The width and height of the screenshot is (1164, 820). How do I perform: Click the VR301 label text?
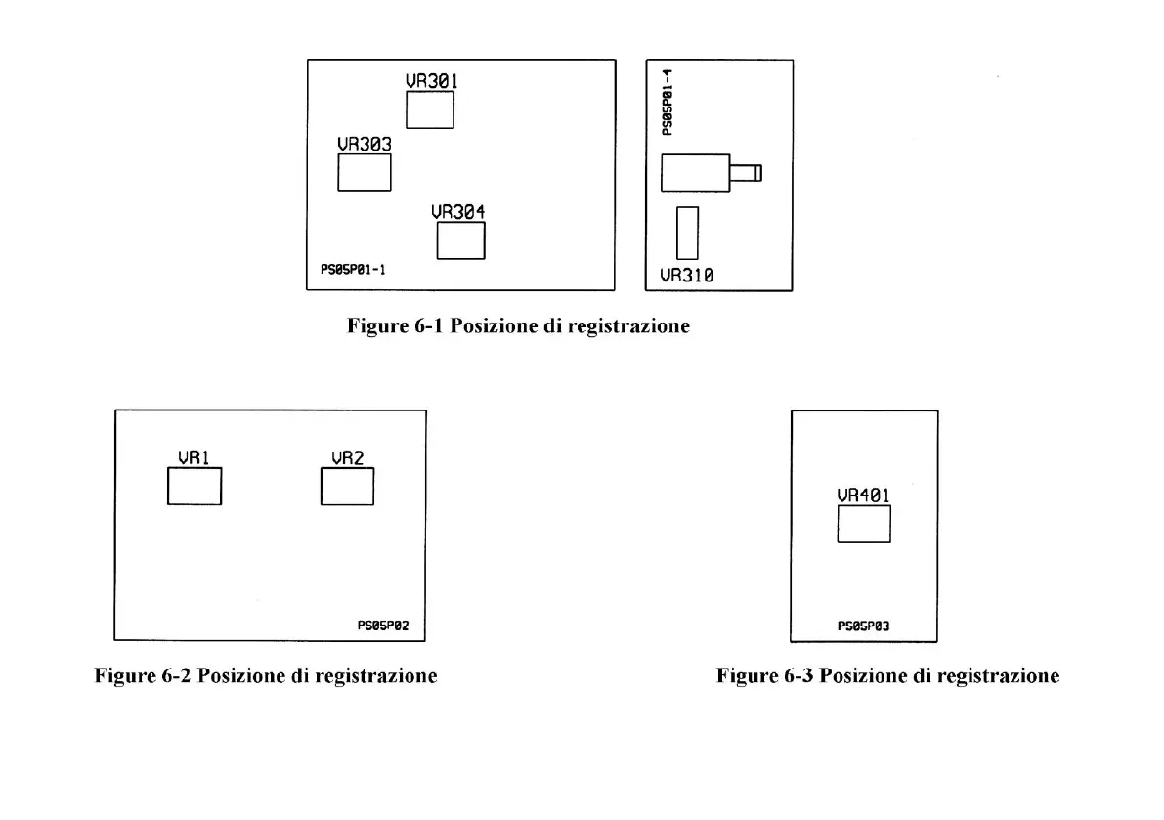(x=432, y=81)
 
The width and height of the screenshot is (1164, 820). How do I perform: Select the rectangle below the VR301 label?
(x=430, y=109)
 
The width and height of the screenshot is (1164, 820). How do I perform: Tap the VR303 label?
(x=365, y=144)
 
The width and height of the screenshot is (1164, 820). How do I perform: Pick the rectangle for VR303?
(x=365, y=172)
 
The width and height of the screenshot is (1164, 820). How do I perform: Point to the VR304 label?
(x=458, y=211)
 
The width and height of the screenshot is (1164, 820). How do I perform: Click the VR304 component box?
(x=460, y=240)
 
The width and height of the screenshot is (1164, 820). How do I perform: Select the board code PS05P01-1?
(x=353, y=270)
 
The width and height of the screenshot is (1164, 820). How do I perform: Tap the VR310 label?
(x=686, y=276)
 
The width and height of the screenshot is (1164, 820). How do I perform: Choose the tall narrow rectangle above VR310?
(x=688, y=233)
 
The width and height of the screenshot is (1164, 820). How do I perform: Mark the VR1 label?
(x=194, y=457)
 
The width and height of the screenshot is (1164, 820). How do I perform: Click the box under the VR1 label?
(x=194, y=487)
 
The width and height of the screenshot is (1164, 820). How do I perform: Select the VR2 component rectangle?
(x=347, y=487)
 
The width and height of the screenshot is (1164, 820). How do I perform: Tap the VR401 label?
(x=864, y=496)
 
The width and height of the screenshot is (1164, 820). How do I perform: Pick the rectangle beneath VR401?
(x=864, y=524)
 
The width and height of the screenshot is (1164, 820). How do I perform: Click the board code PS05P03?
(x=864, y=626)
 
